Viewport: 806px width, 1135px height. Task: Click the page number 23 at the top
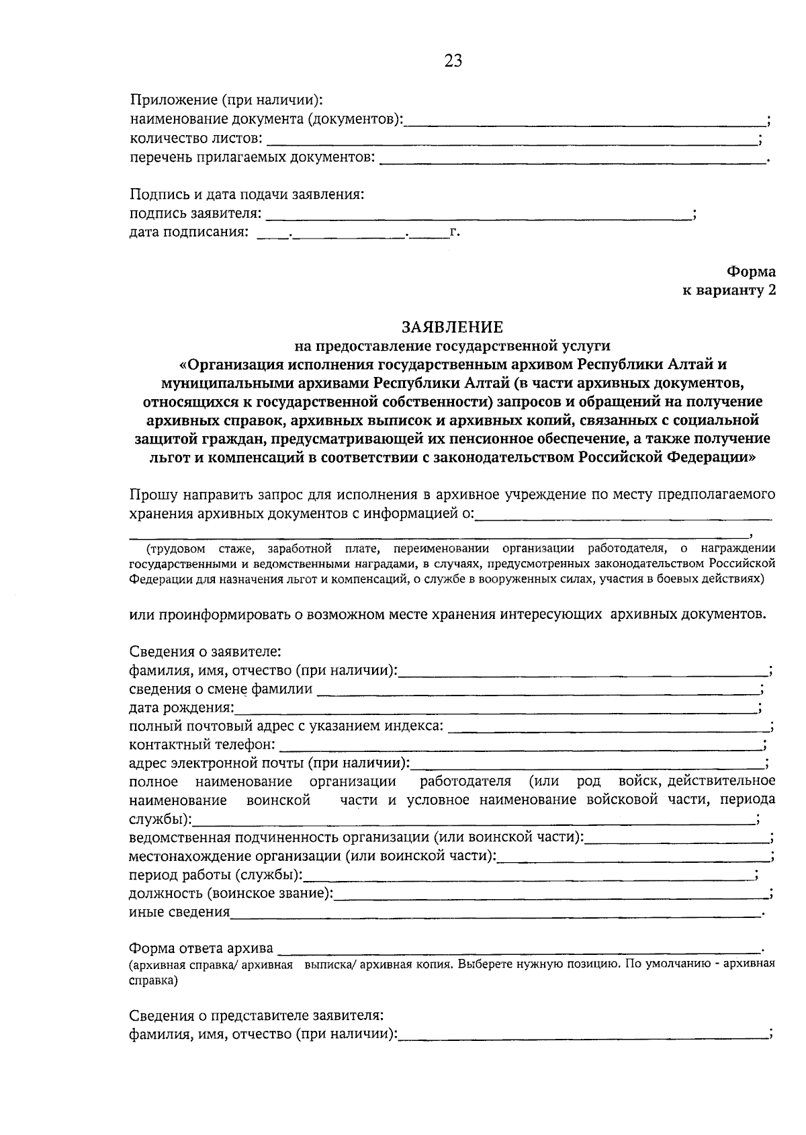click(453, 61)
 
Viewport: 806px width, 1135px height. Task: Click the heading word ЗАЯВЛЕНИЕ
click(452, 327)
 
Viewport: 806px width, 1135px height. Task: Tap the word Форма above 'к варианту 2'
click(750, 272)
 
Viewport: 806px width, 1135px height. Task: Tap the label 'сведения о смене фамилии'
click(220, 689)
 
